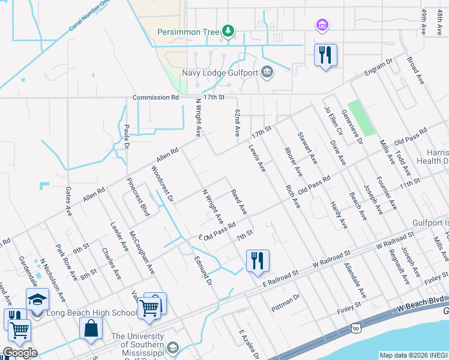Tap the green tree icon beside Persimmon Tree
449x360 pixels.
tap(228, 30)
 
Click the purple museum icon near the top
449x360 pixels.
tap(322, 25)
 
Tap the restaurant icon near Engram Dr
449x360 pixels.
tap(325, 55)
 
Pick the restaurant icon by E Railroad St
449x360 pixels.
tap(258, 260)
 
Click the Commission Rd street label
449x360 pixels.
tap(156, 97)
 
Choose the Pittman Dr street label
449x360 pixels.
tap(285, 296)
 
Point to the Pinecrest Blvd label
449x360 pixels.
tap(138, 196)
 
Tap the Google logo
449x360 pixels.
tap(20, 353)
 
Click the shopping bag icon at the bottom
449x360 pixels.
tap(91, 329)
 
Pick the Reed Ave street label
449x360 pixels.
tap(240, 202)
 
